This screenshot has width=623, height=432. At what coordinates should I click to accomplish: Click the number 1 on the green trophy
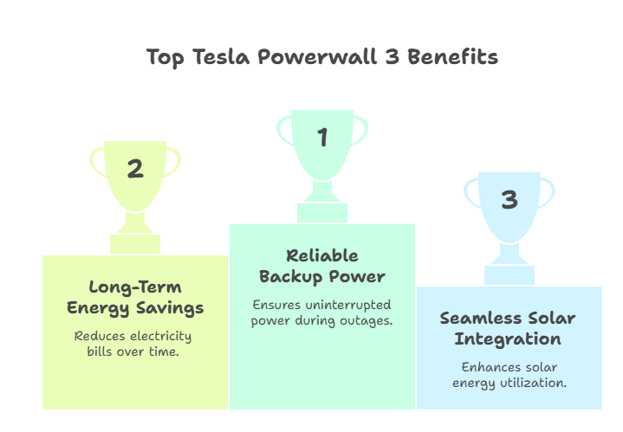click(x=322, y=137)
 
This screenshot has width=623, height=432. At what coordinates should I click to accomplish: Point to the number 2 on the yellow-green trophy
click(x=135, y=169)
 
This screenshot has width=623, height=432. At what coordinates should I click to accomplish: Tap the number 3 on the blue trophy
click(x=509, y=200)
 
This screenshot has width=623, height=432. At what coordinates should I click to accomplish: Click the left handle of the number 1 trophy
click(x=283, y=129)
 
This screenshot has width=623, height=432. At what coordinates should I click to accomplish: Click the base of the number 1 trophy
click(x=322, y=213)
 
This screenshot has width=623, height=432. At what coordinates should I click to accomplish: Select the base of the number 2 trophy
click(x=135, y=244)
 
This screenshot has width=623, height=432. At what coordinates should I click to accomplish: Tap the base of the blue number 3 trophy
click(x=509, y=275)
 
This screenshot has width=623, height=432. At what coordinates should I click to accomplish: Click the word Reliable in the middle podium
click(x=322, y=256)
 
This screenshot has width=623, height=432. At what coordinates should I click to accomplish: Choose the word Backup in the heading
click(x=290, y=277)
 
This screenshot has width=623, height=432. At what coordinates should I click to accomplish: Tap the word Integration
click(x=509, y=339)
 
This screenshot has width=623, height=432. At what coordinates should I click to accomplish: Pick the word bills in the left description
click(x=105, y=352)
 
